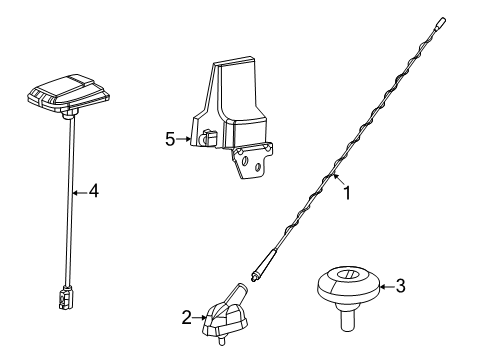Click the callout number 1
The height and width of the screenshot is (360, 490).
(347, 195)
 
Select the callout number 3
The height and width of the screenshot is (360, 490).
(400, 286)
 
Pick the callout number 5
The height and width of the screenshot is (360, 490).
(171, 139)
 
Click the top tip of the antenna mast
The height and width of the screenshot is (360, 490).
(443, 19)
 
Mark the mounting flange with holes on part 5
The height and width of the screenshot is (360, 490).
(254, 163)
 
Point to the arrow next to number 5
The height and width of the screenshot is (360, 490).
(188, 139)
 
